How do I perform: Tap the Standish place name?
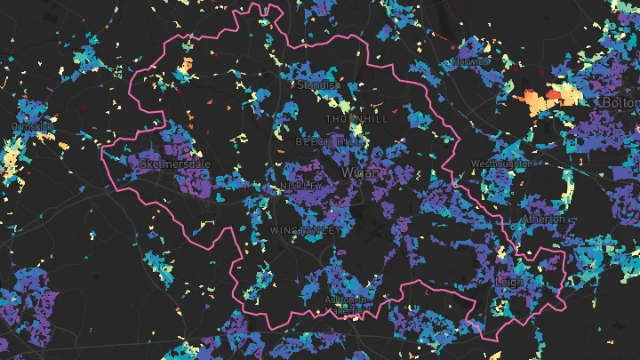point(319,85)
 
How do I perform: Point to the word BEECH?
point(313,141)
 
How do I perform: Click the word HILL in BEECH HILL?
point(348,141)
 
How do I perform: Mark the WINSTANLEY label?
point(303,230)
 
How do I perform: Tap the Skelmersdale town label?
point(174,164)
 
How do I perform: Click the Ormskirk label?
point(33,127)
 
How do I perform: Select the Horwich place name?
point(471,63)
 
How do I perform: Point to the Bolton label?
point(621,104)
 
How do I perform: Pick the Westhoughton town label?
point(501,164)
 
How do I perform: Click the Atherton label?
point(543,219)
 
